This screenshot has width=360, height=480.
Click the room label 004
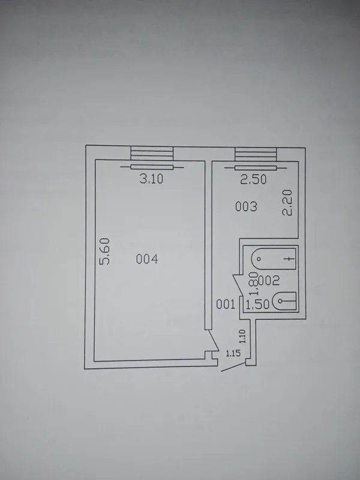point(147,259)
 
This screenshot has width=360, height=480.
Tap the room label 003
point(246,206)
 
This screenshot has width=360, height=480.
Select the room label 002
point(269,280)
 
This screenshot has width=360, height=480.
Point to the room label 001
point(226,304)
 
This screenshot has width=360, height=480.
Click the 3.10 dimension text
point(151,178)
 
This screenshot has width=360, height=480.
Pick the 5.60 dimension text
point(104,251)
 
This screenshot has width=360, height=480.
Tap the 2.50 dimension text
point(253,179)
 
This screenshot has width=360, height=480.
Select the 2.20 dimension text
point(287,203)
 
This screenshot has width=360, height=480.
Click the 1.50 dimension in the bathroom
point(258,305)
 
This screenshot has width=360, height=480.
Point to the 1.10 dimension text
point(242,336)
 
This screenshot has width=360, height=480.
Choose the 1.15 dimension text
point(233,353)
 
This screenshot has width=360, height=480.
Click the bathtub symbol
point(274,259)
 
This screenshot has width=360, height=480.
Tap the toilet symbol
point(284,301)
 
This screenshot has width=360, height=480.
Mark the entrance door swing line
point(233,367)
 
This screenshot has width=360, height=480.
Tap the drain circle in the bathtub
point(259,259)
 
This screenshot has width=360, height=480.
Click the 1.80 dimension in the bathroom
point(254,284)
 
